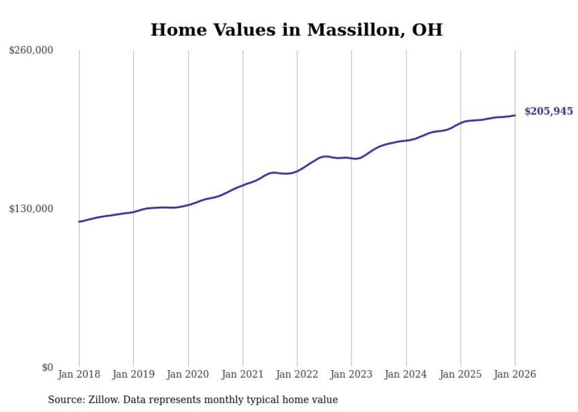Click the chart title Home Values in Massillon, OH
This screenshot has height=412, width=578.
(296, 29)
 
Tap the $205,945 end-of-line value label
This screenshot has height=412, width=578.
(548, 111)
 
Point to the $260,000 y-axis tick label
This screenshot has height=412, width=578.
(31, 51)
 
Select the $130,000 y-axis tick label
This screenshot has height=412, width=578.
(31, 209)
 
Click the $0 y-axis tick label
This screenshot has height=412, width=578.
(47, 367)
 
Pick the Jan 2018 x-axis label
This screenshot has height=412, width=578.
(79, 374)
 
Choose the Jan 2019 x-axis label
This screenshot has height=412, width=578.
(133, 374)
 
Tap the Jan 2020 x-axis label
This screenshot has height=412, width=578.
(188, 374)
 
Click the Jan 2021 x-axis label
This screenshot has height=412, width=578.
(242, 374)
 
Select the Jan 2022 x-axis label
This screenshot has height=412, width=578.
(297, 374)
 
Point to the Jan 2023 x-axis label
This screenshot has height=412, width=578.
(352, 374)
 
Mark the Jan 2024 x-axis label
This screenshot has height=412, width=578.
(406, 374)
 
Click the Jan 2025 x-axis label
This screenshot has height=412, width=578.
(461, 374)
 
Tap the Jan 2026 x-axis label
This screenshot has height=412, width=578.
(515, 374)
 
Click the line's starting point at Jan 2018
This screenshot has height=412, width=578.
(79, 222)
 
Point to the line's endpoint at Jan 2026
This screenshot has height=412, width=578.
(515, 115)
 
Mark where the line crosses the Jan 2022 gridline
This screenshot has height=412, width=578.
(297, 171)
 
